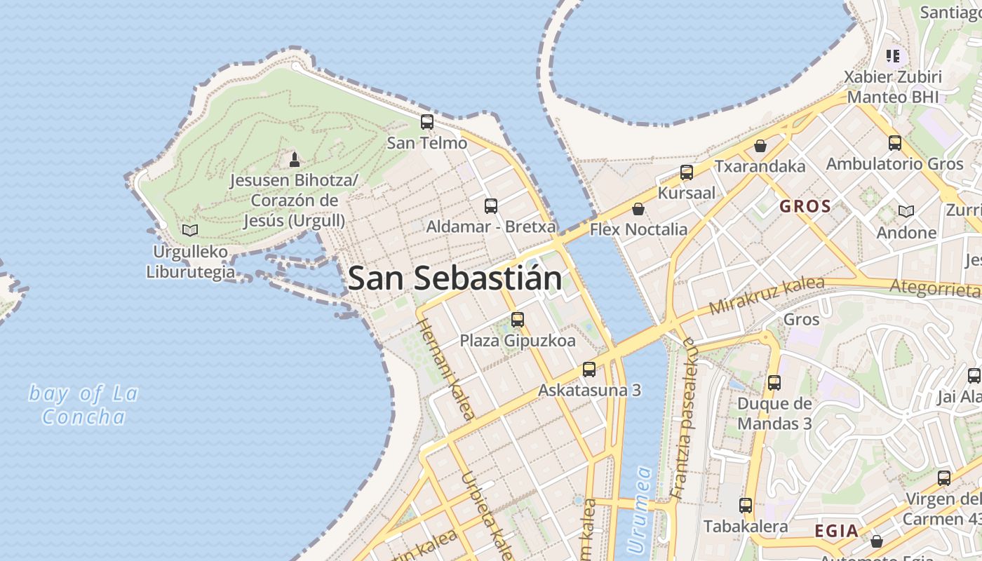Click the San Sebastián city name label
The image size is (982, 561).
[x=455, y=278]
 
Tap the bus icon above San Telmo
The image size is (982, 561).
[x=426, y=122]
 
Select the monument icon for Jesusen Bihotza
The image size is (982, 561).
[x=295, y=160]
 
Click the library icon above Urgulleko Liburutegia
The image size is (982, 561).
[x=189, y=230]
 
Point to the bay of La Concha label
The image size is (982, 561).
[x=83, y=405]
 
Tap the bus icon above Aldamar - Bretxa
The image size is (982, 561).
[x=491, y=206]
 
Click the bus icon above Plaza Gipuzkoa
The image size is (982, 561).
[x=518, y=320]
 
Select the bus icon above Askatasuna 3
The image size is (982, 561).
[x=589, y=370]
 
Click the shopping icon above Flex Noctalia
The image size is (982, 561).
[x=638, y=209]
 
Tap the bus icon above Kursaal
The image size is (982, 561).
[x=687, y=173]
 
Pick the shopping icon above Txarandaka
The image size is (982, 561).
[x=760, y=146]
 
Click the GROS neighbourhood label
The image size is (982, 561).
[x=805, y=206]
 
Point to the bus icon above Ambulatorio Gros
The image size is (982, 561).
[x=895, y=143]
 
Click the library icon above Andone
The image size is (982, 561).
[x=906, y=211]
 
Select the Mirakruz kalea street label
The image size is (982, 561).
[x=766, y=295]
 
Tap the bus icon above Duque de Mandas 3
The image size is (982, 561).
[x=774, y=383]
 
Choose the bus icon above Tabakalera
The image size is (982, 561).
[x=746, y=506]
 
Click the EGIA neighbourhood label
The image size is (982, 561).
[x=836, y=531]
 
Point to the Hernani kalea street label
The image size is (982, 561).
[x=446, y=368]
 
